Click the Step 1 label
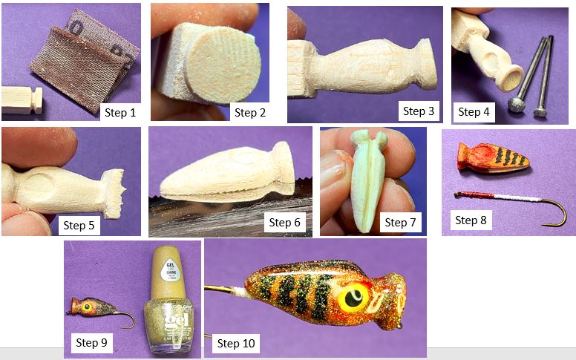click(120, 113)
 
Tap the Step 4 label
click(474, 112)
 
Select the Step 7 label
click(396, 222)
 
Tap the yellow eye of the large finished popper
click(353, 295)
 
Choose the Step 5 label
click(79, 226)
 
